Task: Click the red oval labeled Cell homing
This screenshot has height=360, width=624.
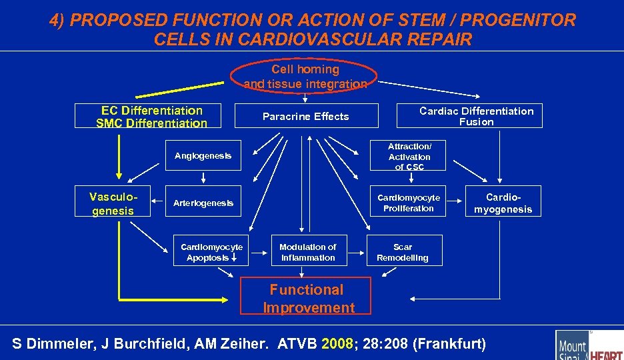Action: [305, 76]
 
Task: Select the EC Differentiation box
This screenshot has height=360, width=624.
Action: [152, 116]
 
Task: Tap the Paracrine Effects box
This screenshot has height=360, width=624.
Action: [306, 116]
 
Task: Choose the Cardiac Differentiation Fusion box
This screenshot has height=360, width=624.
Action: [476, 116]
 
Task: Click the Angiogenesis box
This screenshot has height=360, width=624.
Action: [203, 155]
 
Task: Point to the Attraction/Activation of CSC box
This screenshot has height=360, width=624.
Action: [409, 156]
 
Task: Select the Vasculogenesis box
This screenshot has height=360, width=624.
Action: [113, 203]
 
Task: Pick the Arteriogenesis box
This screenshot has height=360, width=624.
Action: [203, 203]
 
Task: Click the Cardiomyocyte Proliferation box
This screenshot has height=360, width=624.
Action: [409, 203]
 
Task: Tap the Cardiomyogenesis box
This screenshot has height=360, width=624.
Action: [503, 203]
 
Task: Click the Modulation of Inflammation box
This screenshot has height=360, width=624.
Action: [307, 252]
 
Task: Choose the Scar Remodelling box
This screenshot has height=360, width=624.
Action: [402, 252]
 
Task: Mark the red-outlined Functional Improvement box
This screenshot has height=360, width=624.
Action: [306, 298]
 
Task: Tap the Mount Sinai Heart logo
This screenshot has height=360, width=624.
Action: [589, 346]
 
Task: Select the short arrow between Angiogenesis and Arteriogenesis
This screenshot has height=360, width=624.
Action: [203, 178]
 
